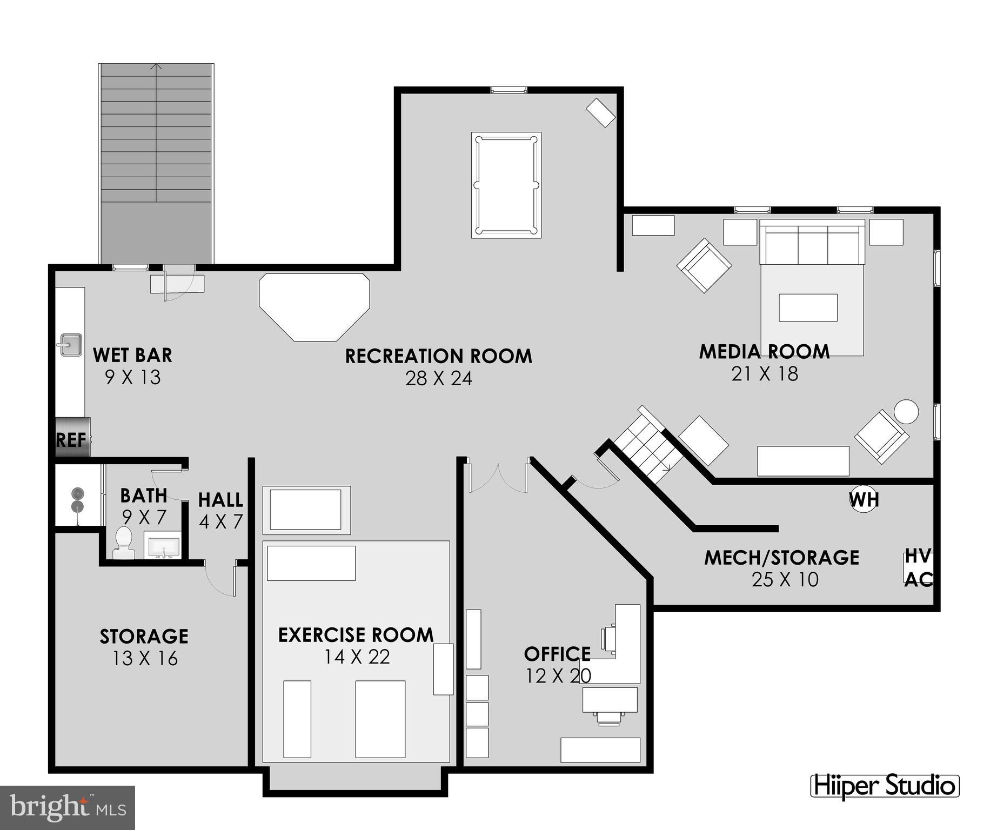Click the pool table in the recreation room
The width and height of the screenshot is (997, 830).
506,185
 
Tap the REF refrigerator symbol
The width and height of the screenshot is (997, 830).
72,438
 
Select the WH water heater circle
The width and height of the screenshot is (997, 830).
863,499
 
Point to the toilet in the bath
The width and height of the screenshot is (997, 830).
123,543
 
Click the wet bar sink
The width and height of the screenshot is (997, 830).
70,345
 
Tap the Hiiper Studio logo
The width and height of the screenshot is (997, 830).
885,786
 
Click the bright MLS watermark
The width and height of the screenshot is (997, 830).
67,807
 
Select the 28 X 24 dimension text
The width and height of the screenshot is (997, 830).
438,378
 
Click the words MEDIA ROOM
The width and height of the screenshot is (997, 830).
764,351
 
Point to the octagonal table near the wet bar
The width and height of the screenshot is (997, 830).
314,306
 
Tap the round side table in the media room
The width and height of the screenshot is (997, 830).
906,412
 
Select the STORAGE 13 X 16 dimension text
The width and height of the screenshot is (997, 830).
145,658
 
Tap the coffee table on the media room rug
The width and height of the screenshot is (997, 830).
808,307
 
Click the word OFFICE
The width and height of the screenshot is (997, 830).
557,654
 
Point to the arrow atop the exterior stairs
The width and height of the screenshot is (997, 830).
156,67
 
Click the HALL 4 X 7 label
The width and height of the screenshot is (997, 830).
220,510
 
